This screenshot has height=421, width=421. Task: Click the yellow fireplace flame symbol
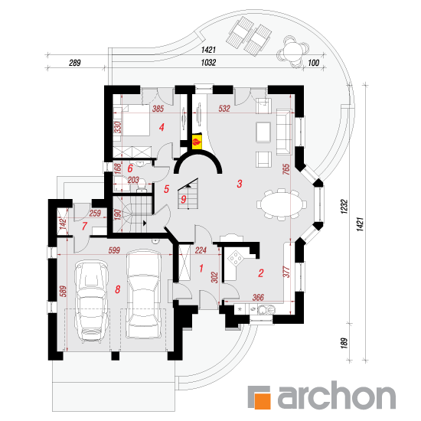[x=197, y=141]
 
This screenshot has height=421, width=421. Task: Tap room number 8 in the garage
[x=118, y=289]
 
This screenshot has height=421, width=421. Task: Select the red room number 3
[x=240, y=184]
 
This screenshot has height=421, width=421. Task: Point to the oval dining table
[x=282, y=204]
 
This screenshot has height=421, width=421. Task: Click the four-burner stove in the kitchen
[x=236, y=258]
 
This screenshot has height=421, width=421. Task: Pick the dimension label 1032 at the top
[x=208, y=63]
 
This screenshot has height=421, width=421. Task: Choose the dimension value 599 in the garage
[x=114, y=250]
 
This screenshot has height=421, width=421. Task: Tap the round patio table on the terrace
[x=292, y=51]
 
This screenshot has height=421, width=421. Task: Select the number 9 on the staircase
[x=184, y=199]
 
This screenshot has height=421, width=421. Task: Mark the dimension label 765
[x=286, y=169]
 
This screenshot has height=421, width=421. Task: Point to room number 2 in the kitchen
[x=261, y=273]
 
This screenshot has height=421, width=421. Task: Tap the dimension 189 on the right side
[x=344, y=344]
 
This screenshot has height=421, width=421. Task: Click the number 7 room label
[x=84, y=226]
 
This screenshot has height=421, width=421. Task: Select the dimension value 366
[x=258, y=297]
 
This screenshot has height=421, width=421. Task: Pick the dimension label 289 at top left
[x=75, y=63]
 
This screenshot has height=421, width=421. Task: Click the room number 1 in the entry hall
[x=201, y=268]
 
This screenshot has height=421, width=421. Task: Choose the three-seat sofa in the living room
[x=284, y=132]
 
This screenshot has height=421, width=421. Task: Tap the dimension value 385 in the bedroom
[x=158, y=109]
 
